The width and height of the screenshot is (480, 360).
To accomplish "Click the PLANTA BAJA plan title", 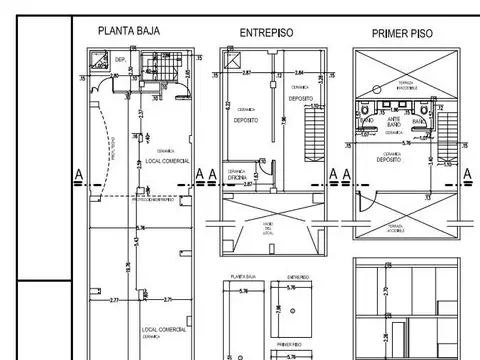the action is coord(133,31).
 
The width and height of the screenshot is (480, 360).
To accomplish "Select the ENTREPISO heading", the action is coord(266,33).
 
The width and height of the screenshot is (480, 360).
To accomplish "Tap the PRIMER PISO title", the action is coord(402,33).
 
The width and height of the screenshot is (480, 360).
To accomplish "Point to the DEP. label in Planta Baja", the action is coord(119,60).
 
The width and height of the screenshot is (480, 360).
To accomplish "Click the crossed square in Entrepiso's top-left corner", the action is coord(232,63).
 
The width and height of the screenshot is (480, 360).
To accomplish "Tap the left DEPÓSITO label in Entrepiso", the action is coord(247,119).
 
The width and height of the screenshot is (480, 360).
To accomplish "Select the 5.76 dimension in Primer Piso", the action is coord(405,143).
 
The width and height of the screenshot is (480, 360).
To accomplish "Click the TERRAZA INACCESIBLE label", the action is coord(406,85).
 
